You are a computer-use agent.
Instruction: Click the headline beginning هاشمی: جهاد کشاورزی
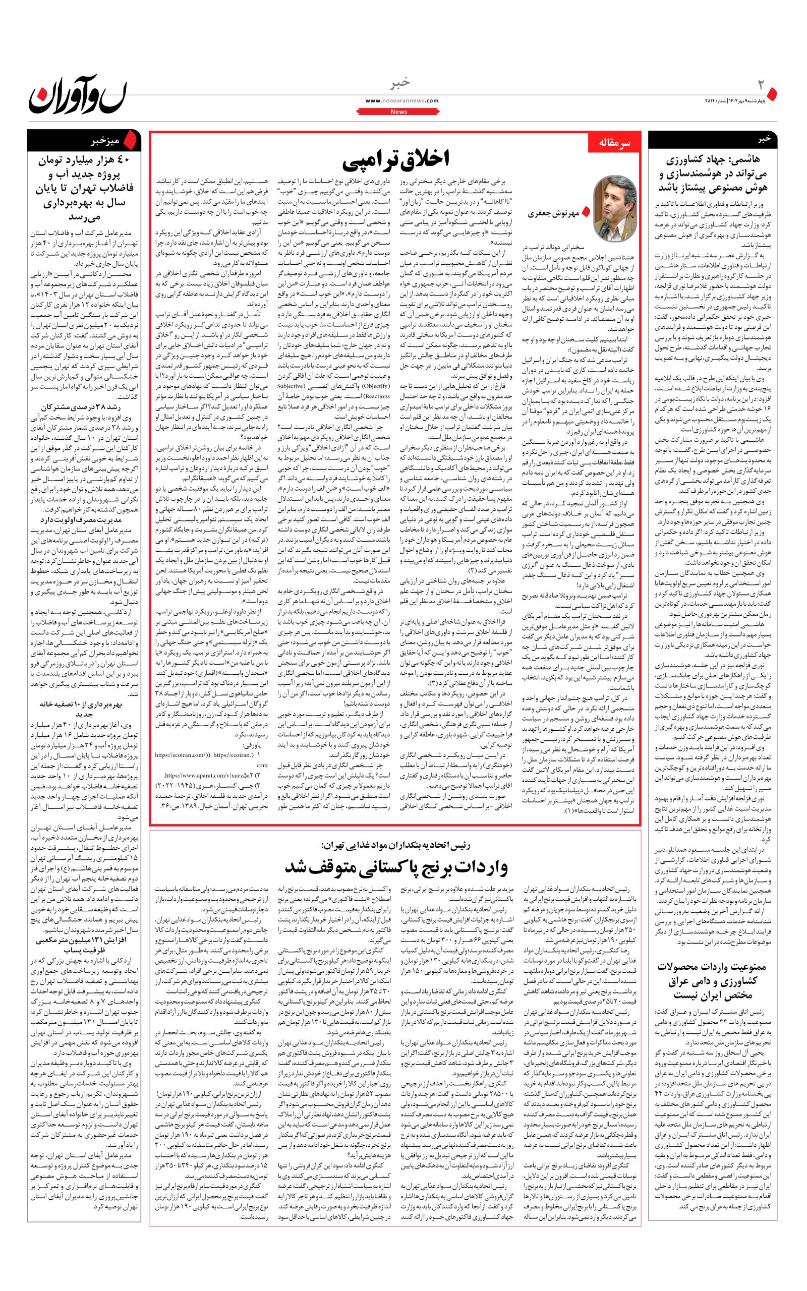point(713,174)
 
